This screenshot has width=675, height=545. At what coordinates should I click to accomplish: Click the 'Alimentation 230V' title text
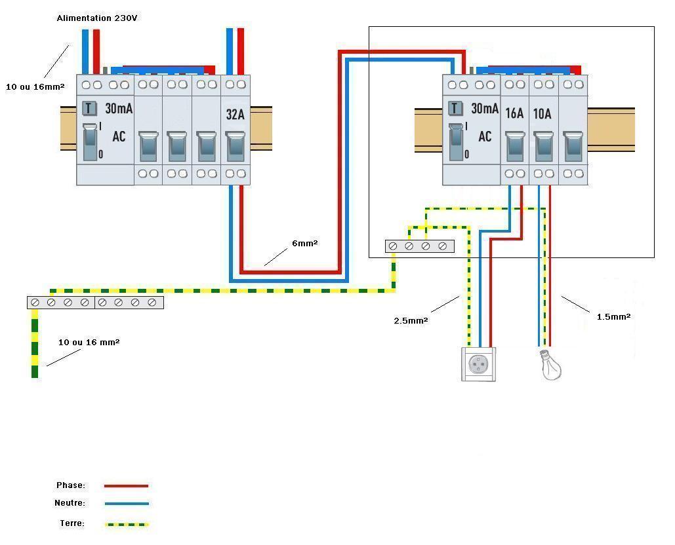click(97, 18)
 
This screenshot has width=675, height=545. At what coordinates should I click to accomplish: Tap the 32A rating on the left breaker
click(235, 114)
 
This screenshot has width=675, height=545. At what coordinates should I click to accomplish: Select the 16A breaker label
click(515, 113)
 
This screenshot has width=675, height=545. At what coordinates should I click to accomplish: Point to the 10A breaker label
click(542, 113)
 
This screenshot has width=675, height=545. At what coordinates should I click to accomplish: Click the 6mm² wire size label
click(305, 244)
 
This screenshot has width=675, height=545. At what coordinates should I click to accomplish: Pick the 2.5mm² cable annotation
click(411, 320)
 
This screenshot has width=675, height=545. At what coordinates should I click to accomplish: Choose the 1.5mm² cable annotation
click(613, 316)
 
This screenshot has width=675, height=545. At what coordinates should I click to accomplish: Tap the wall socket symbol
click(479, 364)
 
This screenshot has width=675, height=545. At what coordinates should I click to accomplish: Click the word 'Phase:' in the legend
click(71, 485)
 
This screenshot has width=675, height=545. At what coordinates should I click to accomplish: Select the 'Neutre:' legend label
click(70, 503)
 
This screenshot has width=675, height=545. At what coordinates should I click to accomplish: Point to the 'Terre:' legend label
click(72, 523)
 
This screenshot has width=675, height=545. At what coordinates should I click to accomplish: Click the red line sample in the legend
click(126, 486)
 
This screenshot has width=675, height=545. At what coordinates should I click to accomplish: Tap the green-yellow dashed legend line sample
click(126, 524)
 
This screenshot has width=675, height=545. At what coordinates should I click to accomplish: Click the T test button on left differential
click(90, 108)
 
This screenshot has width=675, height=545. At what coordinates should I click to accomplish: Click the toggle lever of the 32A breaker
click(235, 145)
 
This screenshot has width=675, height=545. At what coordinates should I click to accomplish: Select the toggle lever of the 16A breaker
click(515, 145)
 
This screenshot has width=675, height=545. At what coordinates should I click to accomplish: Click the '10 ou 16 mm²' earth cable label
click(89, 342)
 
